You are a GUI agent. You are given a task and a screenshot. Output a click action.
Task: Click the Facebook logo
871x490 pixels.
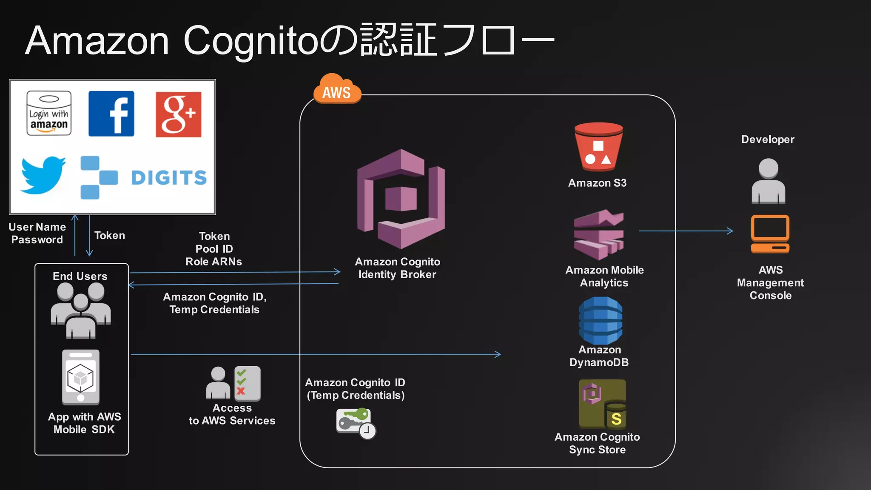[111, 114]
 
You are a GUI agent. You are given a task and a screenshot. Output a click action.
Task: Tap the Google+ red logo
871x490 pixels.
[178, 114]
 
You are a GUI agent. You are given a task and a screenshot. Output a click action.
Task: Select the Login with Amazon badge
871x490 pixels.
[49, 113]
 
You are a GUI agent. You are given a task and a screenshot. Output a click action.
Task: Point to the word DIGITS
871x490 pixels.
[169, 178]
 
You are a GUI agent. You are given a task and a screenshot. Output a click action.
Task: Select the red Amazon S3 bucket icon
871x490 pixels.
[598, 147]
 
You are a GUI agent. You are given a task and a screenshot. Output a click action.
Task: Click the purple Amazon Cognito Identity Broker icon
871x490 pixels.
[401, 199]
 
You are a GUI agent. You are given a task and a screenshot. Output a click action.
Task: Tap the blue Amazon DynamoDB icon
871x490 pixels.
[600, 321]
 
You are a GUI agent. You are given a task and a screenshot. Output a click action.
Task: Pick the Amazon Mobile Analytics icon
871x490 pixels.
[599, 234]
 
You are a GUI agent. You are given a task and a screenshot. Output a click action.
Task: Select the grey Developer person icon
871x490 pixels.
[768, 181]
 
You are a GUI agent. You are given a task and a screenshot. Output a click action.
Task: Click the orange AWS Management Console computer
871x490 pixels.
[770, 234]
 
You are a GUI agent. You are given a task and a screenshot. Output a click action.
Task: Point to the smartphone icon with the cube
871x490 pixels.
[81, 377]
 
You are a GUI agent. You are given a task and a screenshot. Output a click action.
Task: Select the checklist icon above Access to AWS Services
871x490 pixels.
[247, 384]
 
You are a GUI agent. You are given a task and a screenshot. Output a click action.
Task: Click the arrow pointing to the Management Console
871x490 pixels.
[686, 231]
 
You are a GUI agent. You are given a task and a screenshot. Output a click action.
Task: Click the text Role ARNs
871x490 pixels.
[213, 262]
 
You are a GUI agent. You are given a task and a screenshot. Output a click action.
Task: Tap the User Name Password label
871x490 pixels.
[37, 233]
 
